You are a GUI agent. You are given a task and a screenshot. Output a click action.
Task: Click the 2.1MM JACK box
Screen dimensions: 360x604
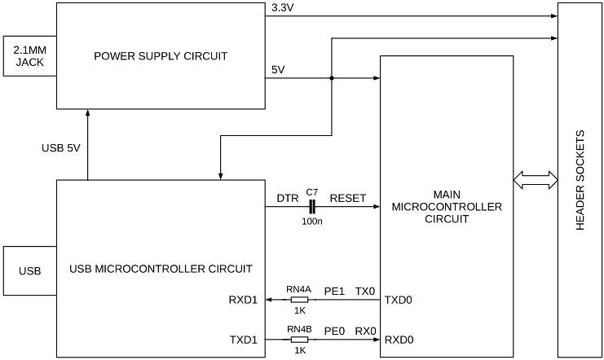(29, 55)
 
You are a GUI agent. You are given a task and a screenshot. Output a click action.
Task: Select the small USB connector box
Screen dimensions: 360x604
(29, 269)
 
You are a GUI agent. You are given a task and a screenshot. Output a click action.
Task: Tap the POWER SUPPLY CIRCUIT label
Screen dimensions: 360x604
(160, 56)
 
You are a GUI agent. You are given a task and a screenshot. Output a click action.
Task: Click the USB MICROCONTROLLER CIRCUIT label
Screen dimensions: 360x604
(161, 268)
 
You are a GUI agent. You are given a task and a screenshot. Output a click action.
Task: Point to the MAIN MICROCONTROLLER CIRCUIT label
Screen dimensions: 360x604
(447, 207)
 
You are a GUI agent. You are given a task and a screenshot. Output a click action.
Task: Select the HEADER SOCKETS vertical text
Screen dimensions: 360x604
(580, 180)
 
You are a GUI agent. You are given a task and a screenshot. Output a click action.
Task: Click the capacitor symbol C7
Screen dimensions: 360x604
(311, 208)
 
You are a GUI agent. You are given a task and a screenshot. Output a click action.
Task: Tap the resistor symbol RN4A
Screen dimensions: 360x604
(299, 300)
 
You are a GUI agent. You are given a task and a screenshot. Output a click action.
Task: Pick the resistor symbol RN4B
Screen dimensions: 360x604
(299, 340)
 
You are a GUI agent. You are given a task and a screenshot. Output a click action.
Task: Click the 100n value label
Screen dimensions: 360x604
(311, 222)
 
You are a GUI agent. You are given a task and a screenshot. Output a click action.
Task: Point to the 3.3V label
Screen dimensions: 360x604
(281, 8)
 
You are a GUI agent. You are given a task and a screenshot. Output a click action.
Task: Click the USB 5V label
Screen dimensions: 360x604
(62, 148)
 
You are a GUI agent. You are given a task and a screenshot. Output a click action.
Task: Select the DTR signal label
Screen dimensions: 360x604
(287, 198)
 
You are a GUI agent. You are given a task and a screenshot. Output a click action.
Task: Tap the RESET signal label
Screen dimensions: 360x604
(347, 198)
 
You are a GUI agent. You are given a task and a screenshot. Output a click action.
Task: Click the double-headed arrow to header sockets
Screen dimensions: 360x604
(535, 178)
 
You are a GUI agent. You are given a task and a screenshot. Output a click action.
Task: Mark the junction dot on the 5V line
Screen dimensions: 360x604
(332, 79)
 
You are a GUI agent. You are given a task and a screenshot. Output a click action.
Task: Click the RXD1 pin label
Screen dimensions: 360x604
(243, 300)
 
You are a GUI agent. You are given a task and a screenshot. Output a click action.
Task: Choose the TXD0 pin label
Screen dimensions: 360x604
(399, 300)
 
